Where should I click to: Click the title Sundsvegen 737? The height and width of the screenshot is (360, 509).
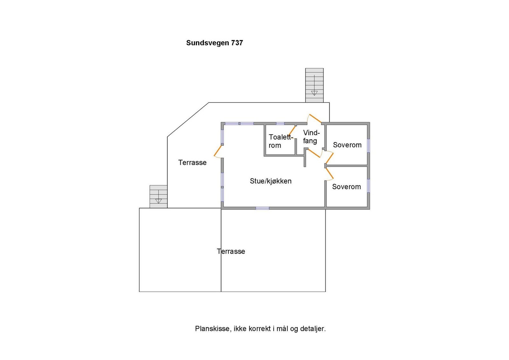coord(214,43)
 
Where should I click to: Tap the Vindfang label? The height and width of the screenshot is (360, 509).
coord(311,137)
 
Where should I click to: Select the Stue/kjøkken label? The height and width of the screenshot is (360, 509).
coord(270,181)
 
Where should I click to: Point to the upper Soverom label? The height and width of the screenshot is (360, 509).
coord(347,145)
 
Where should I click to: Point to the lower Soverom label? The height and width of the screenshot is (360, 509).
coord(346,187)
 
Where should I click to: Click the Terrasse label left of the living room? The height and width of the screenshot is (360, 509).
coord(192,163)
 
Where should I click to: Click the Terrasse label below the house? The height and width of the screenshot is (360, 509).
coord(231,251)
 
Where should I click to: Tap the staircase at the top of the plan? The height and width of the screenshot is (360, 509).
coord(314,85)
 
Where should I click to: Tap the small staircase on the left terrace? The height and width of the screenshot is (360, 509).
coord(158,197)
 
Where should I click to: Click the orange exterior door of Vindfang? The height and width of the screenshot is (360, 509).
coord(315,119)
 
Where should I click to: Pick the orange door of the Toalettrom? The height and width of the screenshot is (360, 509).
coord(292,130)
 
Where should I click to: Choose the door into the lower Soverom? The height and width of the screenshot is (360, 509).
coord(329,174)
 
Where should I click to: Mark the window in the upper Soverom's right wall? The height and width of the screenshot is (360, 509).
coord(368,145)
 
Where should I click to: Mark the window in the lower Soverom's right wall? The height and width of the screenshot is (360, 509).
coord(368,186)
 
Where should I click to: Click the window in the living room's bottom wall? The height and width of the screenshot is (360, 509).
coord(262,208)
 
